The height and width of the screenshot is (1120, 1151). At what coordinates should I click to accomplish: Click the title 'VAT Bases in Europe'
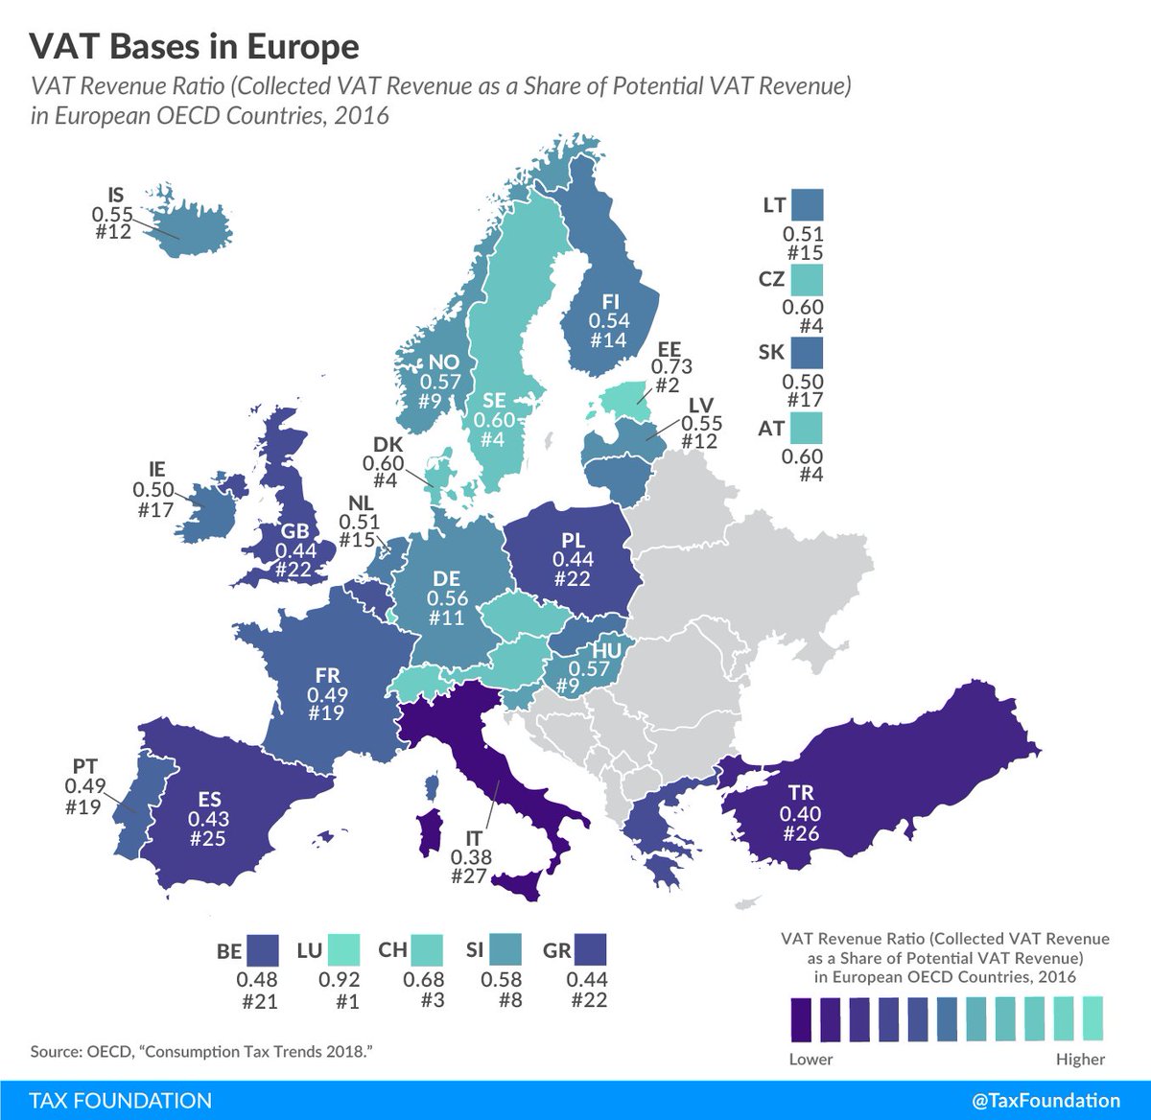[195, 47]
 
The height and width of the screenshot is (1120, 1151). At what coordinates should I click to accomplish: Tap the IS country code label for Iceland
[116, 196]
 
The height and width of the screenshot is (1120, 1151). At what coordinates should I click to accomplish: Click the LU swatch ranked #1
[342, 950]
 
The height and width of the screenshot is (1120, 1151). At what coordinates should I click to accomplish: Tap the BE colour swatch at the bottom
[262, 950]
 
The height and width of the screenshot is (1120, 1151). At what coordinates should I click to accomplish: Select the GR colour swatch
[590, 950]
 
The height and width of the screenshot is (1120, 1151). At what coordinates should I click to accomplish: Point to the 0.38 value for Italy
[470, 857]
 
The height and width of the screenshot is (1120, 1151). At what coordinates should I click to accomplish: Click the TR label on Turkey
[801, 794]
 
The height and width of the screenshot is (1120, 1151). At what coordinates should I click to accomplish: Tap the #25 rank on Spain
[208, 839]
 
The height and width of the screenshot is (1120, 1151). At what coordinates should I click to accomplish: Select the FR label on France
[327, 676]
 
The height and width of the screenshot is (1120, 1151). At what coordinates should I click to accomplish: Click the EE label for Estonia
[669, 348]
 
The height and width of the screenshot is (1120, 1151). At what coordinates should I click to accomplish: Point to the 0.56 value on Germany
[447, 598]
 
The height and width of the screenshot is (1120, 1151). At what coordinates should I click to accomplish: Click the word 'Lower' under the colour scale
[810, 1059]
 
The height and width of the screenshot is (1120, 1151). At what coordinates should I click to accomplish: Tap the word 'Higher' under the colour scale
[1080, 1059]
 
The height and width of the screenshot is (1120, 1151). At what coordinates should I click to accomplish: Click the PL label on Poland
[574, 540]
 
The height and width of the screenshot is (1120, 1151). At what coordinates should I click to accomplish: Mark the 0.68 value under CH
[423, 979]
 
